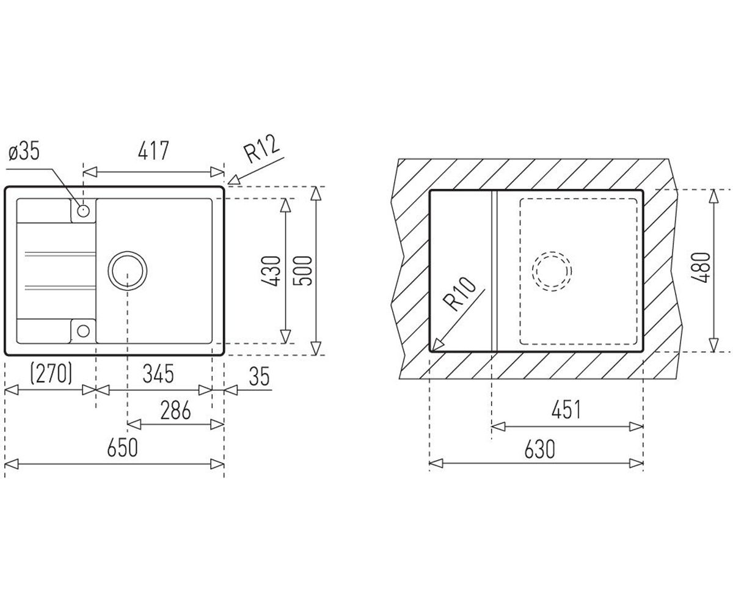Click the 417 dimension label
tap(153, 150)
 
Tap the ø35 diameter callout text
tap(24, 152)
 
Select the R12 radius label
tap(263, 149)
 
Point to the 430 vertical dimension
tap(271, 271)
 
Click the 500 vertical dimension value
tap(302, 271)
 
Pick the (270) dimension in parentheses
tap(51, 373)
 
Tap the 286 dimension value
tap(175, 410)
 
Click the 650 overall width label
tap(123, 448)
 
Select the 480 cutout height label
tap(701, 268)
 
